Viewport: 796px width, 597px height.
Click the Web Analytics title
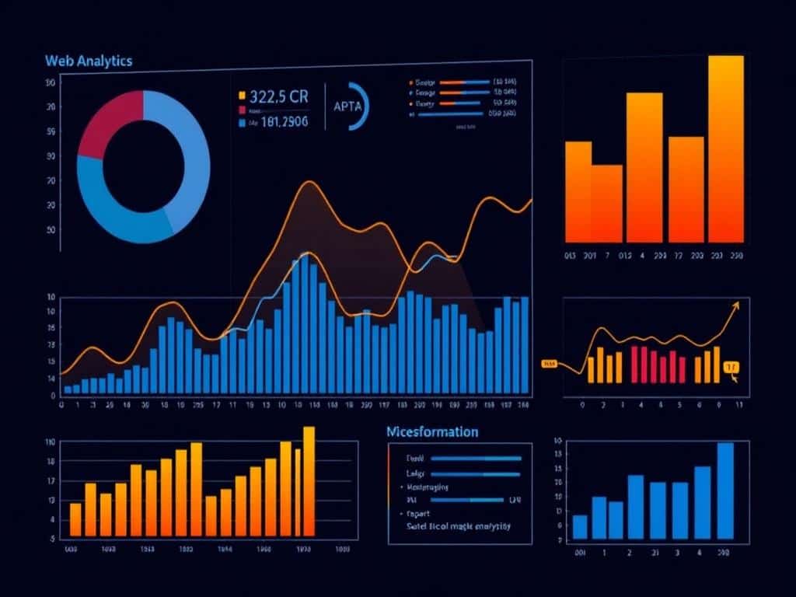[89, 61]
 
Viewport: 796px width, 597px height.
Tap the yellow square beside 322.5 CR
[242, 96]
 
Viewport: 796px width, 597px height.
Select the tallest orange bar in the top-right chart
[726, 148]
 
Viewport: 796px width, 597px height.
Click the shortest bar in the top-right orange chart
[606, 202]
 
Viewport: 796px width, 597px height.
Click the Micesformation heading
[432, 431]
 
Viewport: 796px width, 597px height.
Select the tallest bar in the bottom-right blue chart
[725, 490]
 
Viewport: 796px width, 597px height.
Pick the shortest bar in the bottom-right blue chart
[580, 526]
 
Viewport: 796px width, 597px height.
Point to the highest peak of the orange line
[309, 183]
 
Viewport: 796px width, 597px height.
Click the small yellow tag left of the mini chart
[550, 363]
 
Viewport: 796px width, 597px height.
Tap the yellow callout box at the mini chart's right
[731, 366]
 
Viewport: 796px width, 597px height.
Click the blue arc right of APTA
[361, 106]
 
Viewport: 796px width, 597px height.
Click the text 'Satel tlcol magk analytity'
[448, 526]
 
